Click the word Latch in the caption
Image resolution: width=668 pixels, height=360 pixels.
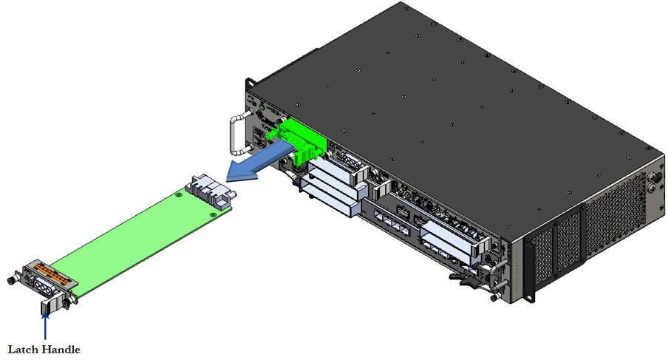(24, 349)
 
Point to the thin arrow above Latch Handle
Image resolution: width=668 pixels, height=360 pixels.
(46, 325)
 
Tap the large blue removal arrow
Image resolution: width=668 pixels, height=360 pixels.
(255, 162)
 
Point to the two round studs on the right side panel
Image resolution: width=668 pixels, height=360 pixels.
(652, 181)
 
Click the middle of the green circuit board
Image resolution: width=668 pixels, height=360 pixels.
(133, 237)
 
